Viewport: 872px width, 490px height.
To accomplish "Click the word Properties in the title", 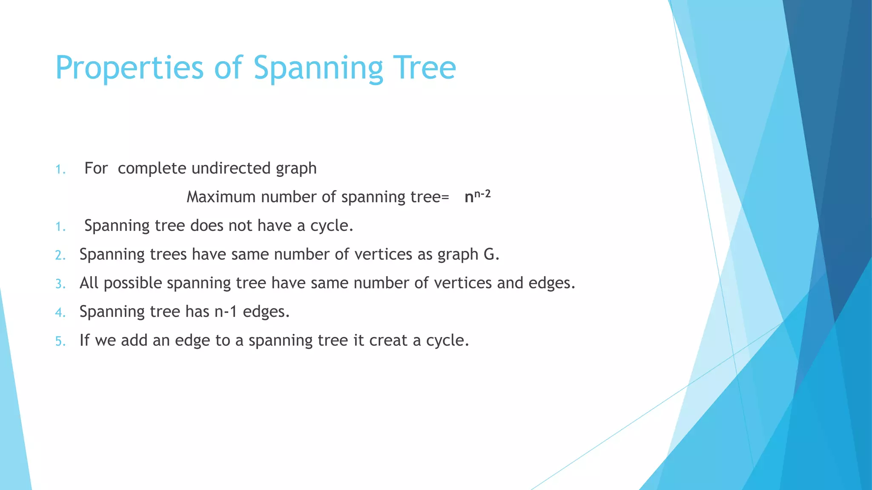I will [129, 68].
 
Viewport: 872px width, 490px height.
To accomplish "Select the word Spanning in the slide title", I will [318, 68].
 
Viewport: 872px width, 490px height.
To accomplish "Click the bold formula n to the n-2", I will [477, 197].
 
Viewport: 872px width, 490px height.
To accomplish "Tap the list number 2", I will [60, 255].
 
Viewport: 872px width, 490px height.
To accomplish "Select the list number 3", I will [60, 284].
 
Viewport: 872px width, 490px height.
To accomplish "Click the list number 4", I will [60, 313].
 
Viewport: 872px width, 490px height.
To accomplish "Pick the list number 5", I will [60, 341].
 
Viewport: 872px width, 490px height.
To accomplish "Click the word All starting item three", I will [89, 283].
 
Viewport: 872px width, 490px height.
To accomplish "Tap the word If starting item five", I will [84, 340].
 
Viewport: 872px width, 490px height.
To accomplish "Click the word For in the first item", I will [96, 168].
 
